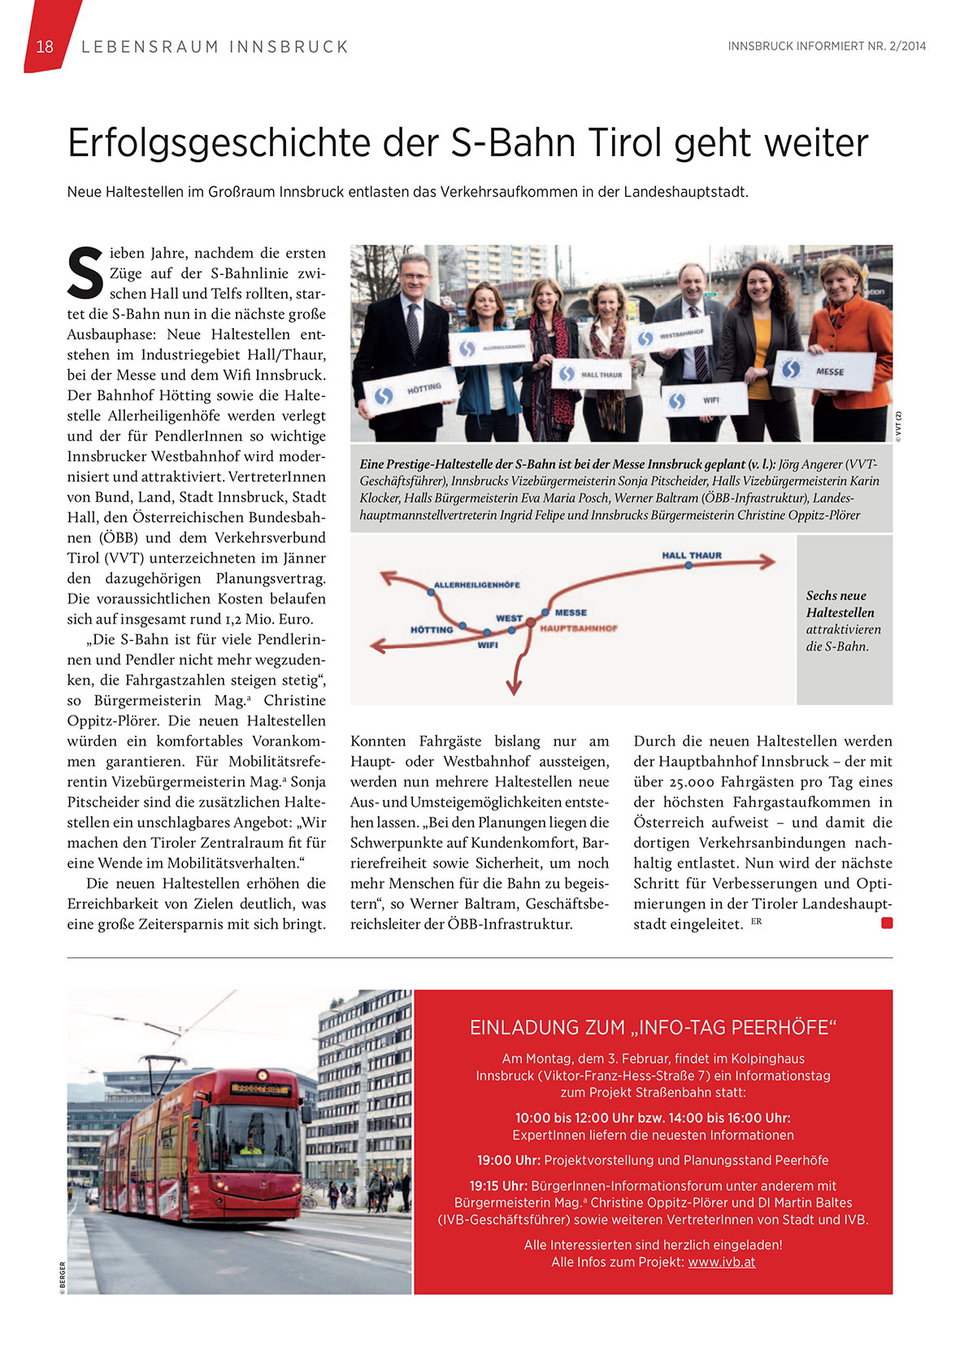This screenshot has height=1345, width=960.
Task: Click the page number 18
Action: pyautogui.click(x=45, y=46)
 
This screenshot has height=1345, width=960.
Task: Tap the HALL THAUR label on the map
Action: pyautogui.click(x=691, y=555)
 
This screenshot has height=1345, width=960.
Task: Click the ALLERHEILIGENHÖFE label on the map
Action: pyautogui.click(x=476, y=585)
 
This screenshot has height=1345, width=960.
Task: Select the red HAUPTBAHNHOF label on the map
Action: pyautogui.click(x=578, y=629)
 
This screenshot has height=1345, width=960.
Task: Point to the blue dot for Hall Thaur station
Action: pyautogui.click(x=688, y=565)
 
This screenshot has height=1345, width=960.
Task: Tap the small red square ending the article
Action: pyautogui.click(x=887, y=923)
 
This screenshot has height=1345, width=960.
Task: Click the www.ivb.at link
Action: pyautogui.click(x=721, y=1262)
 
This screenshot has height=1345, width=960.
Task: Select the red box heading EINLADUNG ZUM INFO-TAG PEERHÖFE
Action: pyautogui.click(x=653, y=1028)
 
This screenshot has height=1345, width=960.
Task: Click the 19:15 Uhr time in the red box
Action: pyautogui.click(x=497, y=1186)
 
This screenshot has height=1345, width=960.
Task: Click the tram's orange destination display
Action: pyautogui.click(x=259, y=1088)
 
